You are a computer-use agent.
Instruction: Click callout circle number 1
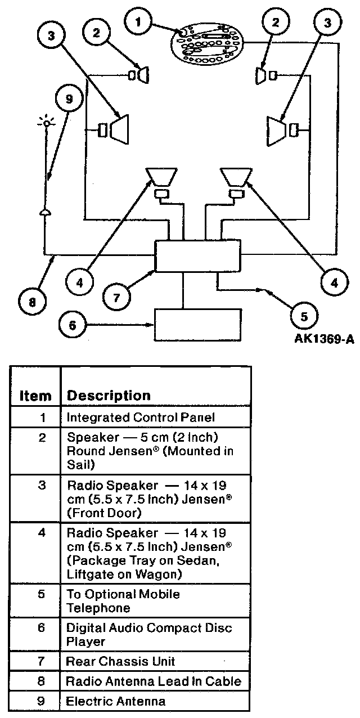(138, 23)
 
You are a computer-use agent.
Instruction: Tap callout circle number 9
(69, 99)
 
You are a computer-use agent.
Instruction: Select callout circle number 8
(31, 302)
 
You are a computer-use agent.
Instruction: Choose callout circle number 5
(304, 315)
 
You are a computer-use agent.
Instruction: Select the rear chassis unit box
(197, 256)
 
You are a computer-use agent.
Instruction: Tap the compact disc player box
(197, 324)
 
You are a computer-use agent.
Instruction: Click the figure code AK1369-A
(323, 340)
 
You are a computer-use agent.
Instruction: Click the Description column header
(109, 396)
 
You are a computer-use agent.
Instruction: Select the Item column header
(35, 396)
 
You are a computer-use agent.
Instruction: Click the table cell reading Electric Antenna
(116, 701)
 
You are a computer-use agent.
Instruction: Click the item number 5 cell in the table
(42, 594)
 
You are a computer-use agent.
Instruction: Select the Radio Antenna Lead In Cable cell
(153, 681)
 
